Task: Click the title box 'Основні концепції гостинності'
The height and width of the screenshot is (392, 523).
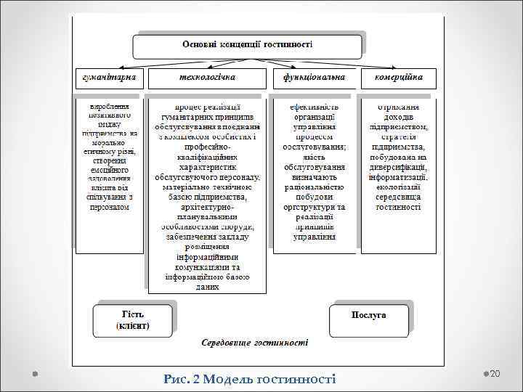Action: pos(246,45)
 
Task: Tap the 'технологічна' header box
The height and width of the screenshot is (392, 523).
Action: pos(207,78)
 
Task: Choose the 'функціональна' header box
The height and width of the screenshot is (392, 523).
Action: pos(314,78)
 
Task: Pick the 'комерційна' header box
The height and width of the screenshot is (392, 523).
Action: pos(400,78)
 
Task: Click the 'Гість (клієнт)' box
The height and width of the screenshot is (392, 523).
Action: pos(132,320)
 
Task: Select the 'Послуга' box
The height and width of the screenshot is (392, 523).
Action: pos(369,315)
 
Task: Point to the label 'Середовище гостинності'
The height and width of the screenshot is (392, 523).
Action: pos(254,342)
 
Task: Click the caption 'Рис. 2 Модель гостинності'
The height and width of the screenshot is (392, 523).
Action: pos(250,378)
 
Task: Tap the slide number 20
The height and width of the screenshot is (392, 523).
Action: pos(496,373)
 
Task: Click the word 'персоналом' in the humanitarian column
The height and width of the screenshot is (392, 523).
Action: pos(109,207)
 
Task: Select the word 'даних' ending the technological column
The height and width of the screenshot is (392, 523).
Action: pos(207,287)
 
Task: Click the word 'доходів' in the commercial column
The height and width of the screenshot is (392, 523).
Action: pos(399,116)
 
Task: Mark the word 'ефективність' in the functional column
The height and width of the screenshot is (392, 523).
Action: pos(314,106)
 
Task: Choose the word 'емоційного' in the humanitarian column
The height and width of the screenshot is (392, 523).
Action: pos(109,170)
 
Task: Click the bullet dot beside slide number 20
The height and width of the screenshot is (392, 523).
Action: pos(485,373)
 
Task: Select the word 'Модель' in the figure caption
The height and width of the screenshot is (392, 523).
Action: pos(226,378)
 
